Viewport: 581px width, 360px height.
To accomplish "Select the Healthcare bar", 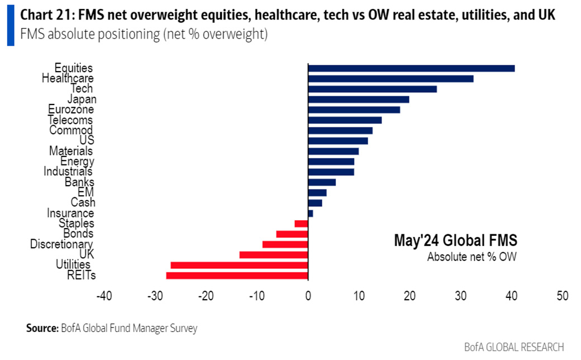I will click(x=390, y=79).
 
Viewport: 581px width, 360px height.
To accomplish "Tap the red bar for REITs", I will click(x=237, y=276).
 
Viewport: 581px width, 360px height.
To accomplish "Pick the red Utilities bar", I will click(x=239, y=265).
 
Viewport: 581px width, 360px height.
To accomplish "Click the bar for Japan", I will click(x=359, y=100).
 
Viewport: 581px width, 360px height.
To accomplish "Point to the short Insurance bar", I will click(x=311, y=214).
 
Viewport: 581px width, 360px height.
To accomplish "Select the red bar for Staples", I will click(x=301, y=224).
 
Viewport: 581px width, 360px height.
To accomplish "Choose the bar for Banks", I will click(x=322, y=182).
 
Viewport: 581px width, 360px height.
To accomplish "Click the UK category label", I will click(x=87, y=254).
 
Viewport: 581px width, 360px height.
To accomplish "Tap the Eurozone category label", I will click(x=71, y=110).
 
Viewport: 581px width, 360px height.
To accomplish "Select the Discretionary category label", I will click(x=61, y=244).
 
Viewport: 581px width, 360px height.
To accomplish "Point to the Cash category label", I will click(x=83, y=202).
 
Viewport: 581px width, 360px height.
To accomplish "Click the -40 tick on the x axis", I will click(x=104, y=296).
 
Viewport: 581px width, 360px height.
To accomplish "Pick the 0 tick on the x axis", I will click(x=308, y=296).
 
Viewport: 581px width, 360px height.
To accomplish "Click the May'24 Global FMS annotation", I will click(x=455, y=241).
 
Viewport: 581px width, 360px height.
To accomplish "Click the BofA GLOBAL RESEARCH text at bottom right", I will click(x=514, y=347).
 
